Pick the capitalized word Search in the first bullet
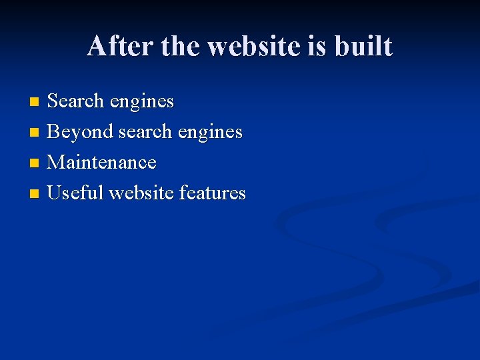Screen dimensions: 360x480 76,101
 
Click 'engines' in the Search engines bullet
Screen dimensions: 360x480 142,102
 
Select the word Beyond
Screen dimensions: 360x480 80,132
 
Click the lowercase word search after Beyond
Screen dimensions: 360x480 145,132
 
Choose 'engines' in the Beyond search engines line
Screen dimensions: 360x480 210,133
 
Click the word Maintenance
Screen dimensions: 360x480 102,162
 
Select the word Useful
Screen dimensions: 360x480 75,193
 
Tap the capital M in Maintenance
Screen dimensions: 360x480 56,162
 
